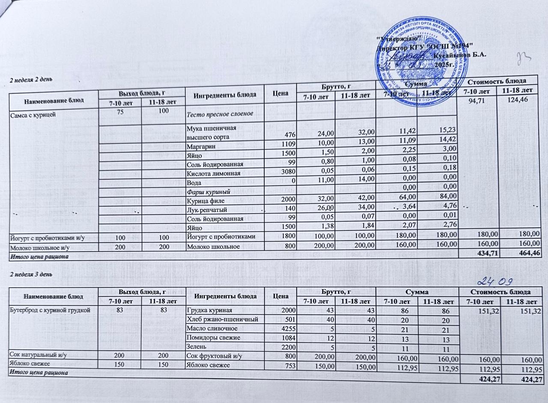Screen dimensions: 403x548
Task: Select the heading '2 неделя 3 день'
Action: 30,274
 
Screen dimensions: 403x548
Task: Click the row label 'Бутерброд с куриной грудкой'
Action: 49,310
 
